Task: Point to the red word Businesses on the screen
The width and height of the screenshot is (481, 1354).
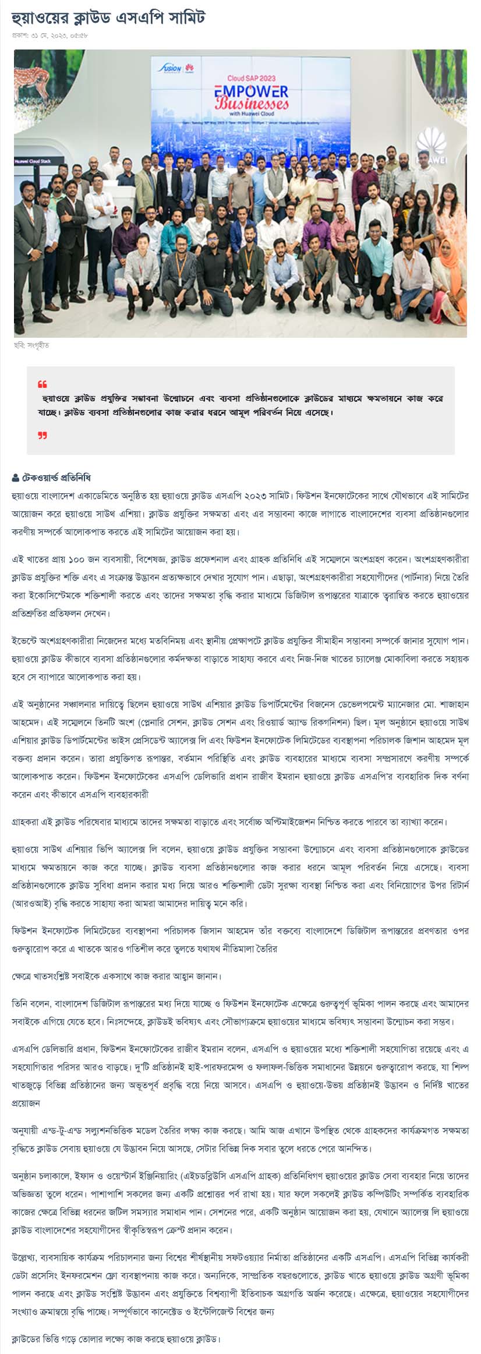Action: click(x=252, y=104)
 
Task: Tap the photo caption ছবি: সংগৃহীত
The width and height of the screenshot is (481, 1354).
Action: click(x=31, y=345)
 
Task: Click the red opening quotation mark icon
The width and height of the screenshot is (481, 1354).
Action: click(x=42, y=384)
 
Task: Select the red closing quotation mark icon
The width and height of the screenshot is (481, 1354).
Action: click(x=42, y=435)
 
